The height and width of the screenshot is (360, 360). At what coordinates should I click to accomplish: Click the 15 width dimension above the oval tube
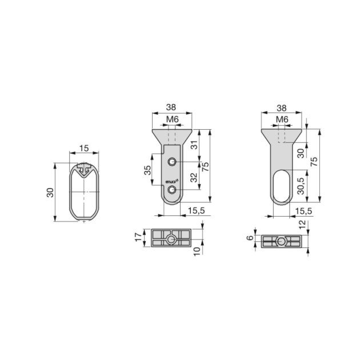[84, 148]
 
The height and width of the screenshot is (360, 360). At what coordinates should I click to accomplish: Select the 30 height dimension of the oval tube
[50, 192]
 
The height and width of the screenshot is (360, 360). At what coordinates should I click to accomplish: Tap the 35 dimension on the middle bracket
[147, 170]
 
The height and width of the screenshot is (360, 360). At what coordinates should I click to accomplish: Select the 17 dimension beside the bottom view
[138, 235]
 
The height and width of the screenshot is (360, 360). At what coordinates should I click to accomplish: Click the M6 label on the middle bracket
[172, 119]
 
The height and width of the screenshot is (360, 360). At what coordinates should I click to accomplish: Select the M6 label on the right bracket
[281, 119]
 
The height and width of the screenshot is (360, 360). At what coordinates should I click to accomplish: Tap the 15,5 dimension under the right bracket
[303, 211]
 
